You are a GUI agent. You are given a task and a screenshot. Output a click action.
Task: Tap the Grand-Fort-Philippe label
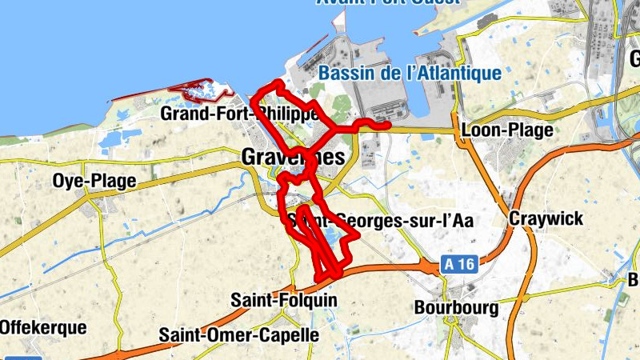coord(240,114)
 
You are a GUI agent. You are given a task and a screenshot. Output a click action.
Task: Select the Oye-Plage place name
coord(94,181)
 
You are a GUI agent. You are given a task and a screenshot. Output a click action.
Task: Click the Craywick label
coord(547,218)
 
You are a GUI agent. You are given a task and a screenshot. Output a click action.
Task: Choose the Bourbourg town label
coord(457,307)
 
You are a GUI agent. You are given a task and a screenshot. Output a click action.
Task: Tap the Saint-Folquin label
coord(284,300)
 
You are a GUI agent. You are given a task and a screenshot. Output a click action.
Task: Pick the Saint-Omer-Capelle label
coord(239,334)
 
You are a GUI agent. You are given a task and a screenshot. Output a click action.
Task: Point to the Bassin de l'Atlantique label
coord(410,74)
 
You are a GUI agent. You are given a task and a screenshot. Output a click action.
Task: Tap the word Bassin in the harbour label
coord(345,74)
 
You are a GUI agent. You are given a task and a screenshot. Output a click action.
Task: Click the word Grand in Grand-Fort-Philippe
coord(183,114)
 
